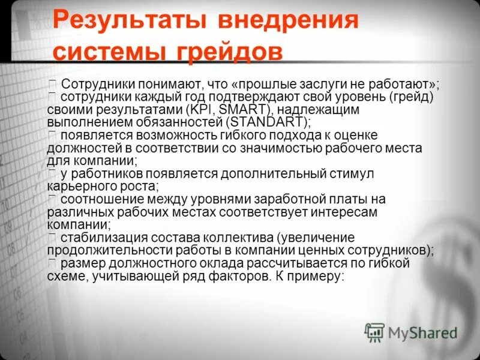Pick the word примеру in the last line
316,276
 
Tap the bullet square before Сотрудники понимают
53,83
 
